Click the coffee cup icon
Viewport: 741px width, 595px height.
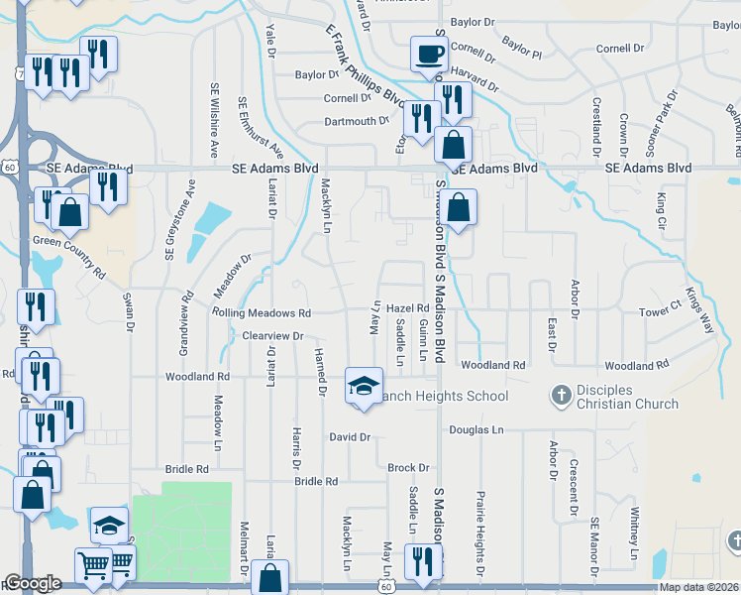point(428,53)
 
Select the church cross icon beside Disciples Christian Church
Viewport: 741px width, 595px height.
point(560,395)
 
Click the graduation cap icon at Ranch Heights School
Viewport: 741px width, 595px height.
point(364,385)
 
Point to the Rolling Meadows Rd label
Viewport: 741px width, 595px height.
point(262,312)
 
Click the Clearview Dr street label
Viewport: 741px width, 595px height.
point(272,336)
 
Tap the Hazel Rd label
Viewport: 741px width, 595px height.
point(406,308)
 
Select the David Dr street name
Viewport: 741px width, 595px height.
point(350,436)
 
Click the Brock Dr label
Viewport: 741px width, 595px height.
point(408,467)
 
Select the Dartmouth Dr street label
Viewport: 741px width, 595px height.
point(358,121)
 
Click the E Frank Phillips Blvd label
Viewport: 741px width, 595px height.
point(365,64)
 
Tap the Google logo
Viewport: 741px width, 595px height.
point(33,583)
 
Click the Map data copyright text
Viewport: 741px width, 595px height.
point(699,587)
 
